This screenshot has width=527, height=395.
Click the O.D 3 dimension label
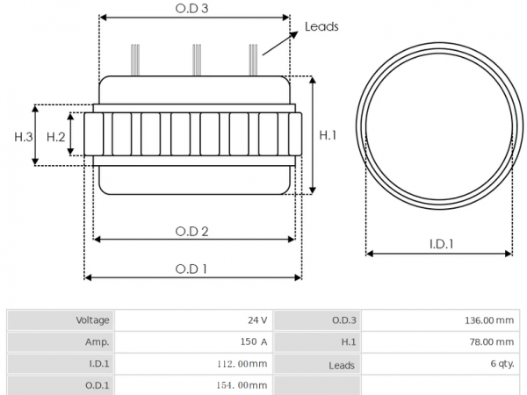coord(191,9)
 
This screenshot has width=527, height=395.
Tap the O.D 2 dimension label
coord(191,232)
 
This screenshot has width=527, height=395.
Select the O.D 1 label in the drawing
coord(191,269)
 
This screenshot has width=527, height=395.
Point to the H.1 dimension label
coord(328,135)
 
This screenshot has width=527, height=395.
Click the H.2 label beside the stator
coord(56,137)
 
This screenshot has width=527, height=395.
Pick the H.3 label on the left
coord(24,137)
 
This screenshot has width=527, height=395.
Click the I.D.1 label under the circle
coord(441,244)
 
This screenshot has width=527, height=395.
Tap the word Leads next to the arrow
coord(321,27)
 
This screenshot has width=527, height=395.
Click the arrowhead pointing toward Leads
coord(293,34)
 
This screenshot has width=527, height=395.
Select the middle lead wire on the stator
coord(197,60)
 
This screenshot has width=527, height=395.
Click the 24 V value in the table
coord(257,320)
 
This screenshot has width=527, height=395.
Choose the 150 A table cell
coord(254,342)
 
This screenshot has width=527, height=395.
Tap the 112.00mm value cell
coord(242,363)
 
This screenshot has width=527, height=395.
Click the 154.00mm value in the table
coord(242,385)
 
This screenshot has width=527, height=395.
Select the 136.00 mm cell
coord(489,320)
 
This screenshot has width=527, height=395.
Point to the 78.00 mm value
coord(492,342)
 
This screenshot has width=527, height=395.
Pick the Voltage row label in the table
coord(92,320)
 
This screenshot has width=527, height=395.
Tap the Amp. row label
coord(97,342)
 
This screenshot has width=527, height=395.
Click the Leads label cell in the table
coord(342,365)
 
